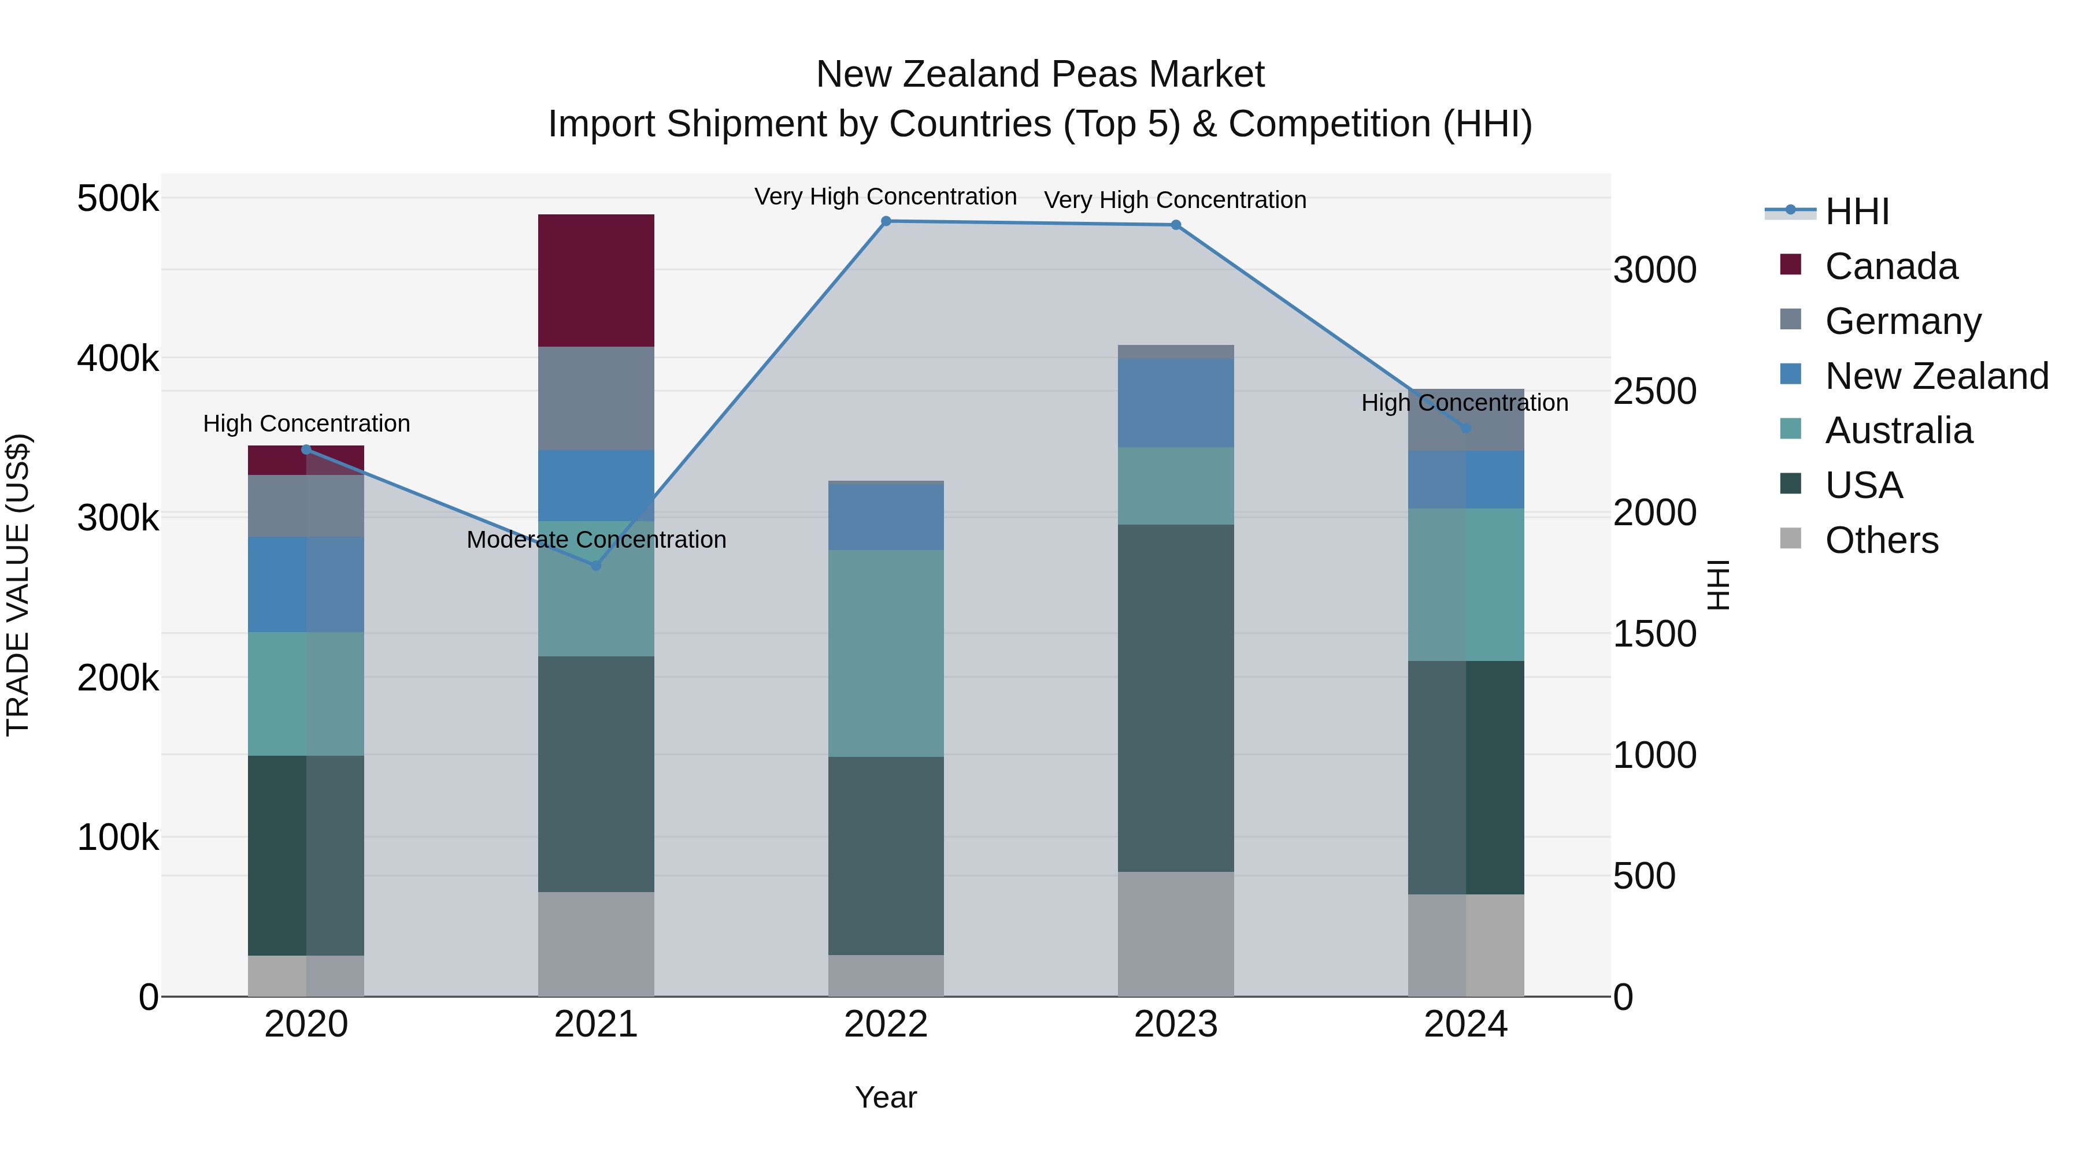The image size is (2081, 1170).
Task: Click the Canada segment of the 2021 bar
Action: click(x=595, y=280)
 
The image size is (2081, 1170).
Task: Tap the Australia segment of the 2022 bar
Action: click(x=886, y=653)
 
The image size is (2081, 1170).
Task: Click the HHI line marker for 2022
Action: click(x=886, y=221)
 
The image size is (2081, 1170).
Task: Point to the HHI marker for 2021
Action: click(x=596, y=566)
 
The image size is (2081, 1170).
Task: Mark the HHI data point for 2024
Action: click(x=1466, y=428)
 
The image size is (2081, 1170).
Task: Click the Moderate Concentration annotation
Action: click(x=596, y=540)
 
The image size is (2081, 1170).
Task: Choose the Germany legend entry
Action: click(x=1902, y=321)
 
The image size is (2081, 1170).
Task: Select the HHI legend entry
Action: click(x=1856, y=211)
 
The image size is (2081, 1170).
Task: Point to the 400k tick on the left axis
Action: click(x=118, y=358)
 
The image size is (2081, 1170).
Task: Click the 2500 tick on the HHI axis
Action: click(x=1654, y=392)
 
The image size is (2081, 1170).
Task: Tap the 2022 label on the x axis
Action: click(x=886, y=1024)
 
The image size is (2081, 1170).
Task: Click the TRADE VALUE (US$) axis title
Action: click(x=18, y=585)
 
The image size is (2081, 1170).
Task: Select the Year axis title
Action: click(x=886, y=1097)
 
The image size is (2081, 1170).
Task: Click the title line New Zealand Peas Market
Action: click(x=1040, y=75)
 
